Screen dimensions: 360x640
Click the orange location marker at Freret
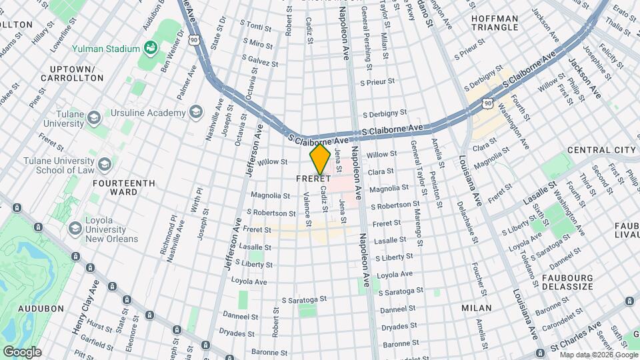pyautogui.click(x=320, y=159)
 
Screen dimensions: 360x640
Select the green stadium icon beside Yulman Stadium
pyautogui.click(x=151, y=48)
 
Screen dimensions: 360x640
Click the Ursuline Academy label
pyautogui.click(x=148, y=113)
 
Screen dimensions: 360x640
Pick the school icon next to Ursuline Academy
pyautogui.click(x=196, y=112)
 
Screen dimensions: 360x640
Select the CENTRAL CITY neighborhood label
pyautogui.click(x=601, y=150)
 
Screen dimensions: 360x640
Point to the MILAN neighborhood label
pyautogui.click(x=476, y=308)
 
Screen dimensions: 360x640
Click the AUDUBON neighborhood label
pyautogui.click(x=41, y=309)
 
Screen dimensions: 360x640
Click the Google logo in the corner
pyautogui.click(x=22, y=351)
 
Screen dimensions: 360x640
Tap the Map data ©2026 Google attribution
pyautogui.click(x=599, y=355)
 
